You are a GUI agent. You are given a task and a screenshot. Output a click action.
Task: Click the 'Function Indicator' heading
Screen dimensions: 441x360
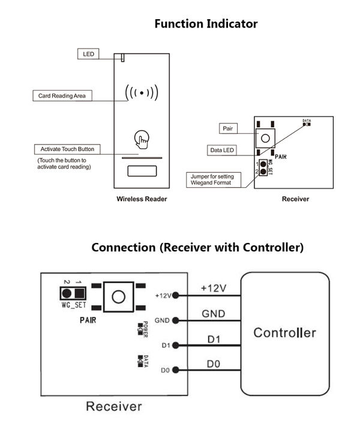point(206,24)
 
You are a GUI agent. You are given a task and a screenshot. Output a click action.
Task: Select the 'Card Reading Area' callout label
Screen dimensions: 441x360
point(62,95)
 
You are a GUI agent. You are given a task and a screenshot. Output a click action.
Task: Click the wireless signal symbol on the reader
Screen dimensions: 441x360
point(142,93)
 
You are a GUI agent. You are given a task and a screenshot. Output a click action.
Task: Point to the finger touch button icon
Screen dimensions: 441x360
point(141,140)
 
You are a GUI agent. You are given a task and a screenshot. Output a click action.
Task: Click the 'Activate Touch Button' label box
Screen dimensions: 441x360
point(67,149)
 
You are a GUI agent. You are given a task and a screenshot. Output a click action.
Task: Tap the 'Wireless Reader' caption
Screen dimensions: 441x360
point(142,199)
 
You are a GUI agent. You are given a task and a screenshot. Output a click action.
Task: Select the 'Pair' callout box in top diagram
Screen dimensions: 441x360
point(229,128)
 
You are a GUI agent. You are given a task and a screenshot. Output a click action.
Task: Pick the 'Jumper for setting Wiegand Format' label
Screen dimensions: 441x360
point(216,180)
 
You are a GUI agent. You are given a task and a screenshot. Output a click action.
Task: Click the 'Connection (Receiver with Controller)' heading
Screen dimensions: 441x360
point(197,247)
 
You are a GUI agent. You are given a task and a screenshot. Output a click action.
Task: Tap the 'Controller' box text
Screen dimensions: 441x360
point(284,332)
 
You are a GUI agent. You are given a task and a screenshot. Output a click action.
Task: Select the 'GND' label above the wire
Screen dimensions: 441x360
point(213,314)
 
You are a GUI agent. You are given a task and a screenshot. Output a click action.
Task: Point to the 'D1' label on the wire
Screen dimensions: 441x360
point(214,340)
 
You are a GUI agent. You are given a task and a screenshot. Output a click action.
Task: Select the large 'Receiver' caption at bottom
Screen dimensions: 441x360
point(114,407)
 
